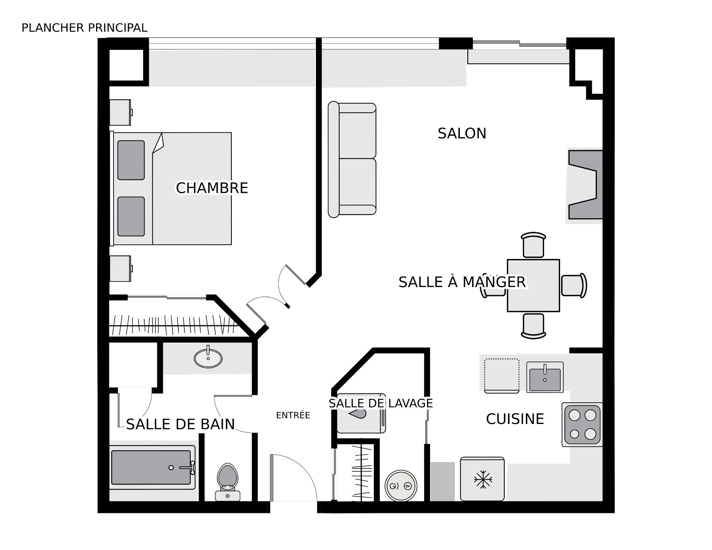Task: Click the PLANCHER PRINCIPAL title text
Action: [85, 28]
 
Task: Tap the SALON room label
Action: [462, 134]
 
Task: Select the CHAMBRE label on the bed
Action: [212, 188]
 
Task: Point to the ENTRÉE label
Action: [293, 415]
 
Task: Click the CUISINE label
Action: [515, 419]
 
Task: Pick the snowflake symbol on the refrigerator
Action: [483, 480]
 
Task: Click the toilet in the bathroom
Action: [228, 482]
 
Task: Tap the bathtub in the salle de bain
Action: [152, 467]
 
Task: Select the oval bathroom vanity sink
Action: [208, 358]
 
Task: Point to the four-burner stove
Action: [582, 424]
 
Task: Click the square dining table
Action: [533, 286]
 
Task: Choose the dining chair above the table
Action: [533, 245]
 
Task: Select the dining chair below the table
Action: [533, 326]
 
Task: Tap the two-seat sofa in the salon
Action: [352, 159]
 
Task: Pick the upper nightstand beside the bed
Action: [121, 112]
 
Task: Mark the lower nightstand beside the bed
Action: [121, 268]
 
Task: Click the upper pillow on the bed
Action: [131, 160]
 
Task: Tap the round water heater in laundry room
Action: [401, 486]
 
